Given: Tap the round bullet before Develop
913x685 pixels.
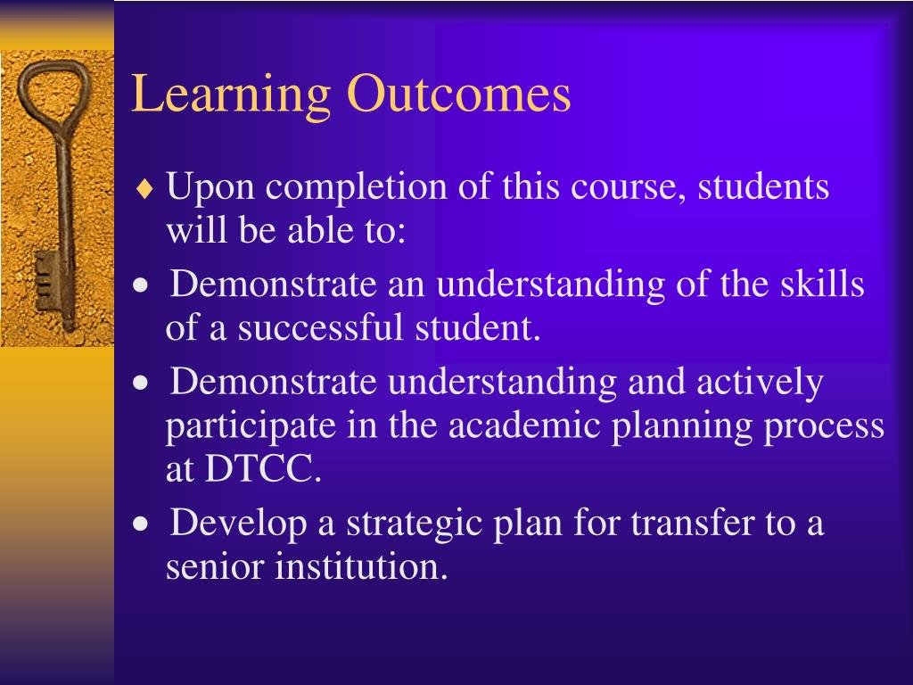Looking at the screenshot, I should click(140, 524).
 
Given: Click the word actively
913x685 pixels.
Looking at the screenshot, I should click(759, 382).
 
